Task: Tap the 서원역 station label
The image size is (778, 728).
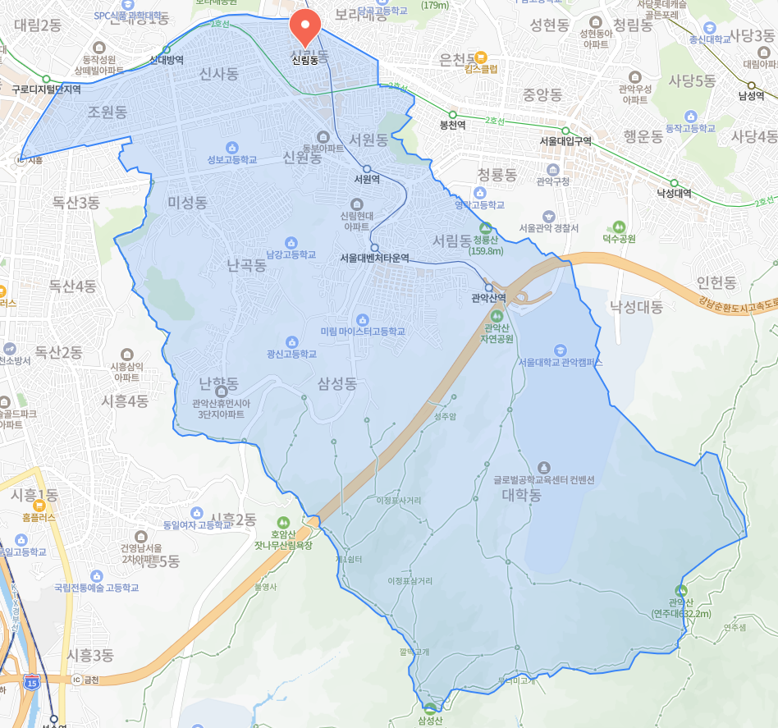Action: (x=366, y=179)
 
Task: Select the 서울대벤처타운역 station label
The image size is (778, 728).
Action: (x=374, y=258)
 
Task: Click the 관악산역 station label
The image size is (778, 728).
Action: (x=489, y=298)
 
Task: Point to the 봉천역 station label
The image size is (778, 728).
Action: (x=452, y=126)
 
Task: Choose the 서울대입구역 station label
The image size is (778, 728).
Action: (x=565, y=140)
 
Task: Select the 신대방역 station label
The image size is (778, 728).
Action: (x=167, y=60)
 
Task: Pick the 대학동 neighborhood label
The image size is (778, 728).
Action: (x=522, y=496)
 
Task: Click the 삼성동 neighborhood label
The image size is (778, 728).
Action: (x=337, y=383)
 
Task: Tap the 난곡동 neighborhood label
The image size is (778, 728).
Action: (x=246, y=265)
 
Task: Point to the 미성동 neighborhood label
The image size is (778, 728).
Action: (x=187, y=202)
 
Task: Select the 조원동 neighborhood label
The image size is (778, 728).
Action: (x=108, y=112)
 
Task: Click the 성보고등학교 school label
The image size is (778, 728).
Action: (x=232, y=159)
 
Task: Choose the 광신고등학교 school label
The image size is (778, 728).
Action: (x=291, y=354)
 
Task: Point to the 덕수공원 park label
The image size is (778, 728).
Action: (x=620, y=238)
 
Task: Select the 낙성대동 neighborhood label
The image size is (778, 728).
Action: (x=636, y=307)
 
